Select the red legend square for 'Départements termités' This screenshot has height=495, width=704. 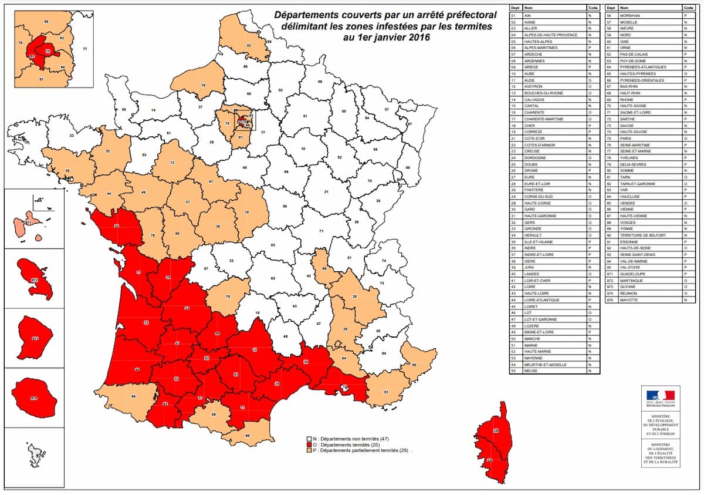[x=308, y=445]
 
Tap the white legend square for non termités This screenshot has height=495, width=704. [x=308, y=439]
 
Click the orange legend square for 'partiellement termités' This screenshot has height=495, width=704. [x=308, y=451]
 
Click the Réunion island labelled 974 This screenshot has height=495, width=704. [x=34, y=398]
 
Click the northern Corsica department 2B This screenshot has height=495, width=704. [x=495, y=432]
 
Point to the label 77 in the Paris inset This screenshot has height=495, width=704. [x=85, y=49]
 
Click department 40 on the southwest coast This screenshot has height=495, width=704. [x=137, y=369]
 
